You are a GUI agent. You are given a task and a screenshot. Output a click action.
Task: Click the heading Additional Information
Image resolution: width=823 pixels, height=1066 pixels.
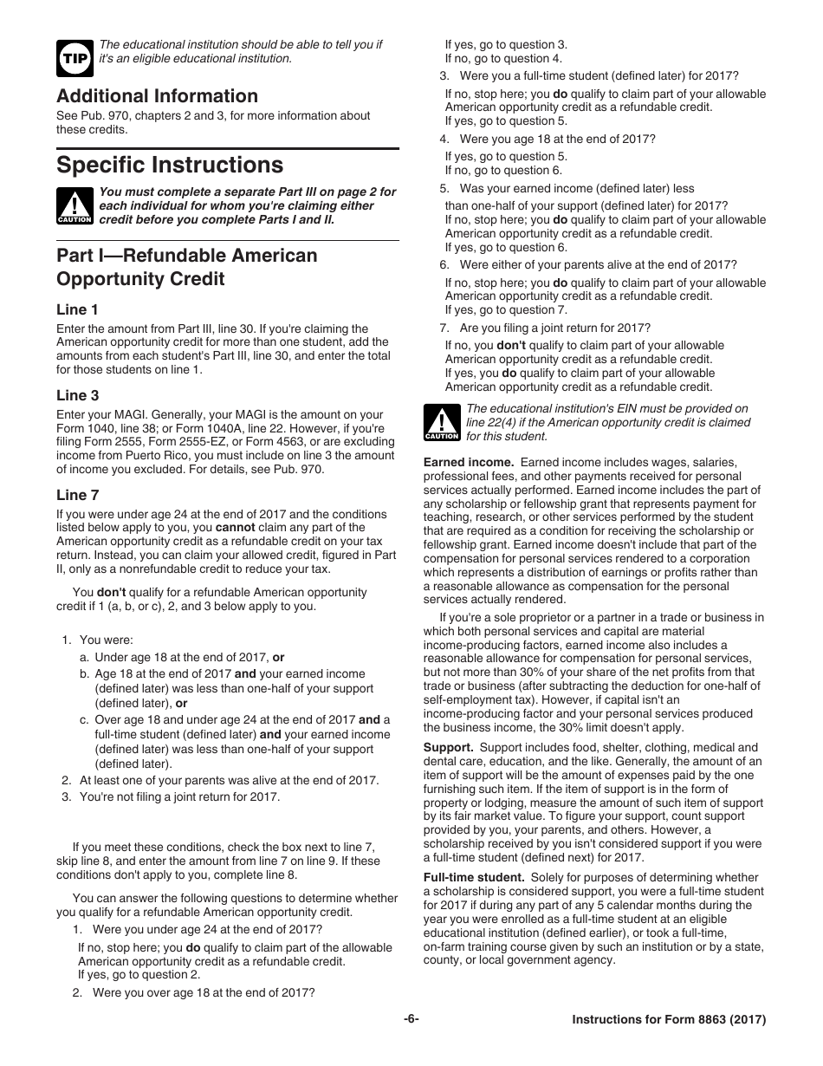tap(157, 96)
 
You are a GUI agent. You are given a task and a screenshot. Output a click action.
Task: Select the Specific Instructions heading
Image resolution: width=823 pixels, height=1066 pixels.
tap(169, 165)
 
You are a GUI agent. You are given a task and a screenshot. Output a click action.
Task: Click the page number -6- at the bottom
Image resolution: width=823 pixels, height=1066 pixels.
tap(411, 1019)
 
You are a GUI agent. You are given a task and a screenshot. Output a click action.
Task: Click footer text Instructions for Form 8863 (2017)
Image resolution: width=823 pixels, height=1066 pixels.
tap(669, 1020)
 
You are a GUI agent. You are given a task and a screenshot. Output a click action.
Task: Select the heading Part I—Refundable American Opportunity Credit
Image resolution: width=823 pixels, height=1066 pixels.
tap(186, 267)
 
